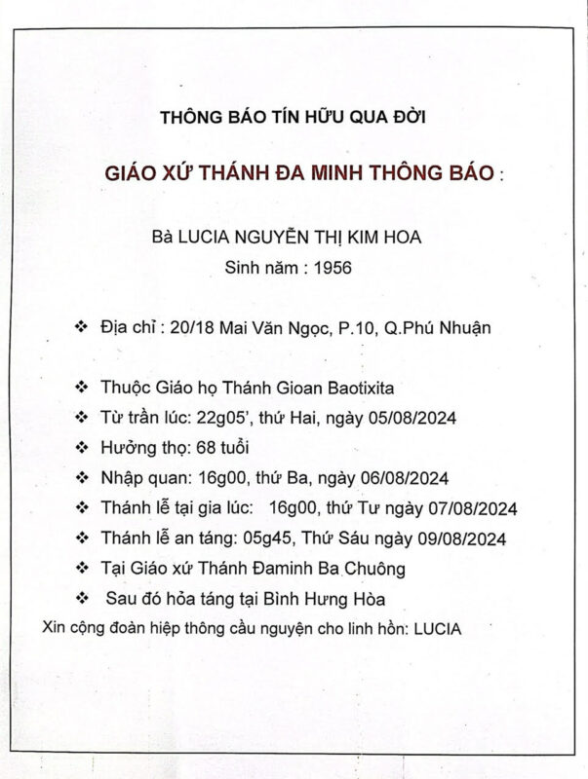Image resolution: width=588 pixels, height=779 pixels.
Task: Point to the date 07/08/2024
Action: coord(474,507)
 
